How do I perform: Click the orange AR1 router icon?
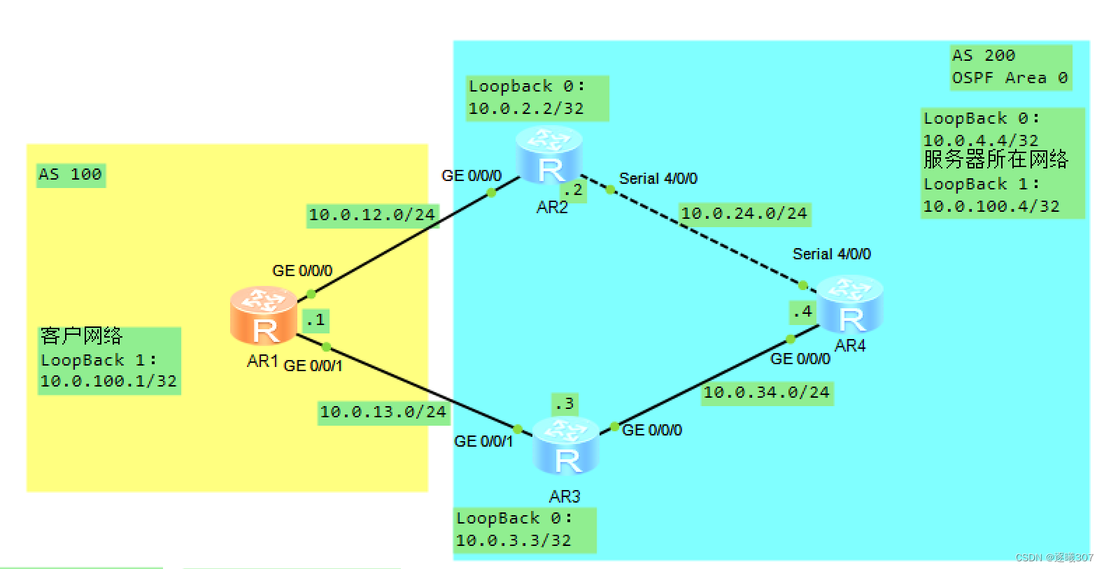(x=264, y=316)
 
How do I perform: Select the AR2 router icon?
(x=549, y=155)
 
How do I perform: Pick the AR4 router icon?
(x=850, y=305)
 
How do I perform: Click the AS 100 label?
(x=70, y=174)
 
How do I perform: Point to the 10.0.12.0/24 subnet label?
(x=371, y=215)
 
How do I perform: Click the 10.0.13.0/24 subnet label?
(x=383, y=412)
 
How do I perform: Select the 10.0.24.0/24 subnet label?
(x=744, y=214)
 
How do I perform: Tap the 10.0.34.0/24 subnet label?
(x=766, y=393)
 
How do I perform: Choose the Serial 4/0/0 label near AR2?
(x=658, y=179)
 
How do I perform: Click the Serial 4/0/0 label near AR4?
(x=831, y=254)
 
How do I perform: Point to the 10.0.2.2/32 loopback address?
(x=525, y=109)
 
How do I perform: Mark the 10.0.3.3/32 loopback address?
(x=513, y=541)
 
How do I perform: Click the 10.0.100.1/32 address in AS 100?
(x=108, y=382)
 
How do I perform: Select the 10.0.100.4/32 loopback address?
(x=991, y=207)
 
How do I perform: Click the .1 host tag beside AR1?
(x=316, y=320)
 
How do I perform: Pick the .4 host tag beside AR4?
(x=802, y=312)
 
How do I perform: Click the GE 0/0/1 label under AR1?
(x=313, y=366)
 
